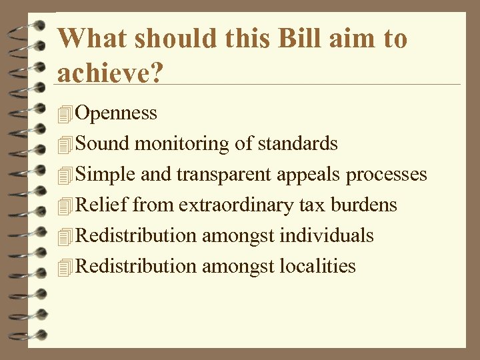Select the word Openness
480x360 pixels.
click(117, 113)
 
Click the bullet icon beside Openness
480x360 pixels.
click(65, 114)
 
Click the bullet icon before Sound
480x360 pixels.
click(65, 145)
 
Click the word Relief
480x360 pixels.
click(102, 205)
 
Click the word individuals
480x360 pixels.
click(327, 235)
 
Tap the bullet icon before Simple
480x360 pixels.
click(65, 175)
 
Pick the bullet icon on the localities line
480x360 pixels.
click(65, 267)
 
